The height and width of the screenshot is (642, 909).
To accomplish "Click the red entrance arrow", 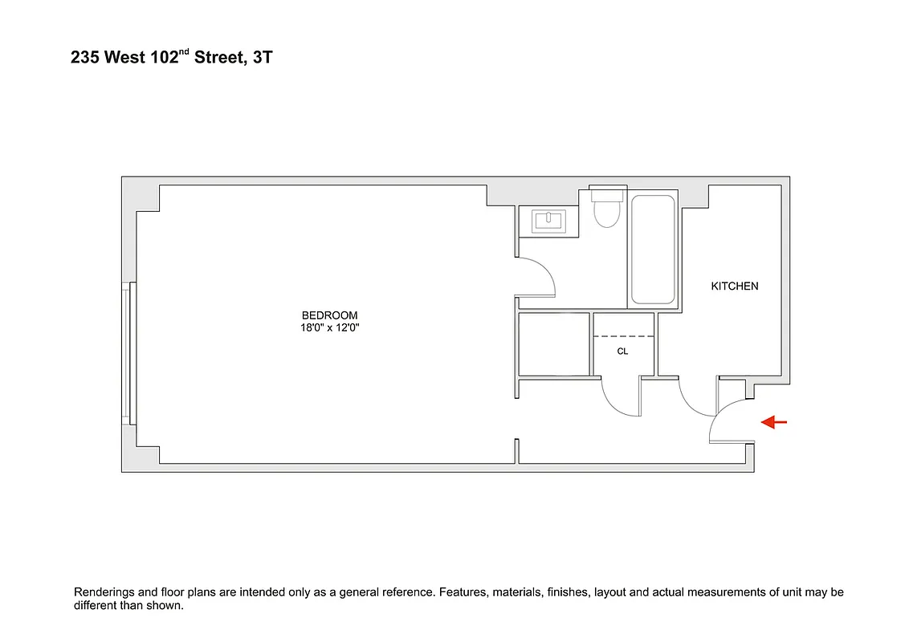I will pyautogui.click(x=774, y=422).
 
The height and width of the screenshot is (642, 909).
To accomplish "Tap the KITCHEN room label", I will pyautogui.click(x=734, y=286).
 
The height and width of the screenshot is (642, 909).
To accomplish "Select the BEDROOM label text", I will pyautogui.click(x=329, y=315).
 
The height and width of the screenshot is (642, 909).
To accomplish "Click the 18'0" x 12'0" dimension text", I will pyautogui.click(x=329, y=327).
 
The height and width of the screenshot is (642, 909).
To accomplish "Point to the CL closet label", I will pyautogui.click(x=622, y=351).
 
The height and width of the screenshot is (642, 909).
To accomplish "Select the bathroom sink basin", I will pyautogui.click(x=548, y=221).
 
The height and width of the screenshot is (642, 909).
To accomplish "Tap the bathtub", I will pyautogui.click(x=653, y=250).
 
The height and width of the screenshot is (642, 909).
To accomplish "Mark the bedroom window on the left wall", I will pyautogui.click(x=126, y=352).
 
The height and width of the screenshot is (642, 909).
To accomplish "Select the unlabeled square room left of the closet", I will pyautogui.click(x=554, y=344).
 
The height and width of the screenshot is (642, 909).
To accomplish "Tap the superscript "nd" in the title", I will pyautogui.click(x=183, y=54).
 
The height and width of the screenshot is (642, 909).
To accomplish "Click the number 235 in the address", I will pyautogui.click(x=85, y=59).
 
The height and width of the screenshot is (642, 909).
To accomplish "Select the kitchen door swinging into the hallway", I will pyautogui.click(x=695, y=398).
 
